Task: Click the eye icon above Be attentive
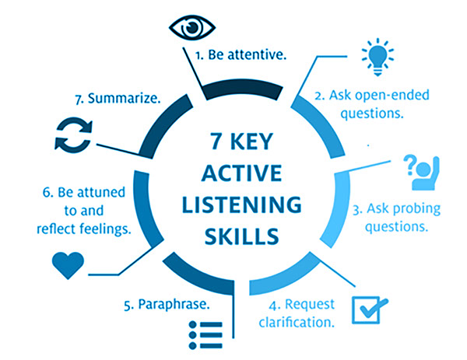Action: pyautogui.click(x=192, y=27)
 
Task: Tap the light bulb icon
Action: pyautogui.click(x=377, y=57)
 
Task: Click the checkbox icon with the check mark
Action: pyautogui.click(x=370, y=309)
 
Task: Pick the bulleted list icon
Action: pyautogui.click(x=205, y=335)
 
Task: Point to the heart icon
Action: pyautogui.click(x=68, y=265)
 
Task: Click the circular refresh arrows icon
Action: pyautogui.click(x=73, y=135)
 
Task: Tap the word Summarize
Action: pyautogui.click(x=124, y=99)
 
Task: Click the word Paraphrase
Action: pyautogui.click(x=174, y=305)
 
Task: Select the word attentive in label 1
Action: pyautogui.click(x=257, y=54)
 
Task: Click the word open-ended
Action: pyautogui.click(x=392, y=96)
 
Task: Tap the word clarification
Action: pyautogui.click(x=297, y=322)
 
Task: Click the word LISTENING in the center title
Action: pyautogui.click(x=241, y=205)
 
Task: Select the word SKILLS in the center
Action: pyautogui.click(x=241, y=236)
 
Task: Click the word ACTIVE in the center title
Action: pyautogui.click(x=241, y=173)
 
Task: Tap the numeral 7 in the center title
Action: pyautogui.click(x=216, y=141)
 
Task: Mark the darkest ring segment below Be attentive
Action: pyautogui.click(x=241, y=87)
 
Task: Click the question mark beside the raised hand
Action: pyautogui.click(x=410, y=165)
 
